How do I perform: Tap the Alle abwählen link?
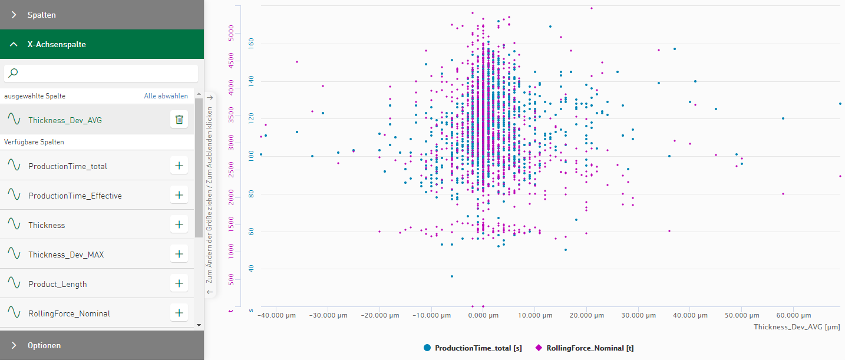[166, 96]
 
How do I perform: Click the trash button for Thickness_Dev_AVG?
[179, 120]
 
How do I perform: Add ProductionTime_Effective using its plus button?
[179, 195]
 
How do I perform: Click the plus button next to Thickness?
[179, 224]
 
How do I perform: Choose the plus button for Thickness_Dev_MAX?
[179, 254]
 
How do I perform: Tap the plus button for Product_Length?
[179, 283]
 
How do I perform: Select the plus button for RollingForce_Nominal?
[179, 313]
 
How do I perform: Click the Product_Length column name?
[58, 284]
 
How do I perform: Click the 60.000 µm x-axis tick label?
[794, 316]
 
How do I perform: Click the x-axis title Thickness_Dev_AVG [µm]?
[797, 327]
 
